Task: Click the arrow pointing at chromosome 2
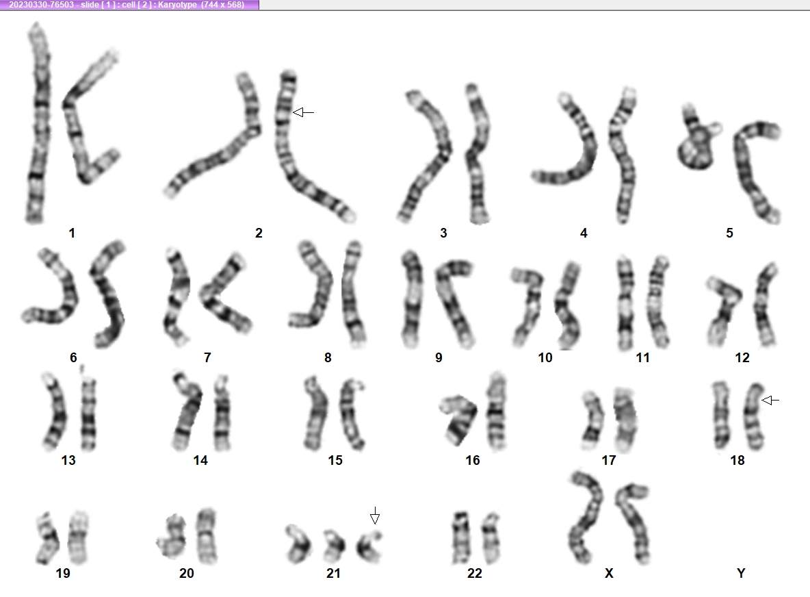pyautogui.click(x=303, y=112)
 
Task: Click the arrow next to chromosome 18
pyautogui.click(x=770, y=400)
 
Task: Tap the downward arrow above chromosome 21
pyautogui.click(x=375, y=516)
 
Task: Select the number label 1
pyautogui.click(x=72, y=233)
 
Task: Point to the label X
pyautogui.click(x=609, y=573)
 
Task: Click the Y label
pyautogui.click(x=741, y=573)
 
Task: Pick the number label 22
pyautogui.click(x=474, y=573)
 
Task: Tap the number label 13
pyautogui.click(x=68, y=460)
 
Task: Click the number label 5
pyautogui.click(x=729, y=233)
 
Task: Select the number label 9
pyautogui.click(x=439, y=357)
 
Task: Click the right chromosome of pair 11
pyautogui.click(x=657, y=303)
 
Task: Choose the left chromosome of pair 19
pyautogui.click(x=48, y=539)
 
